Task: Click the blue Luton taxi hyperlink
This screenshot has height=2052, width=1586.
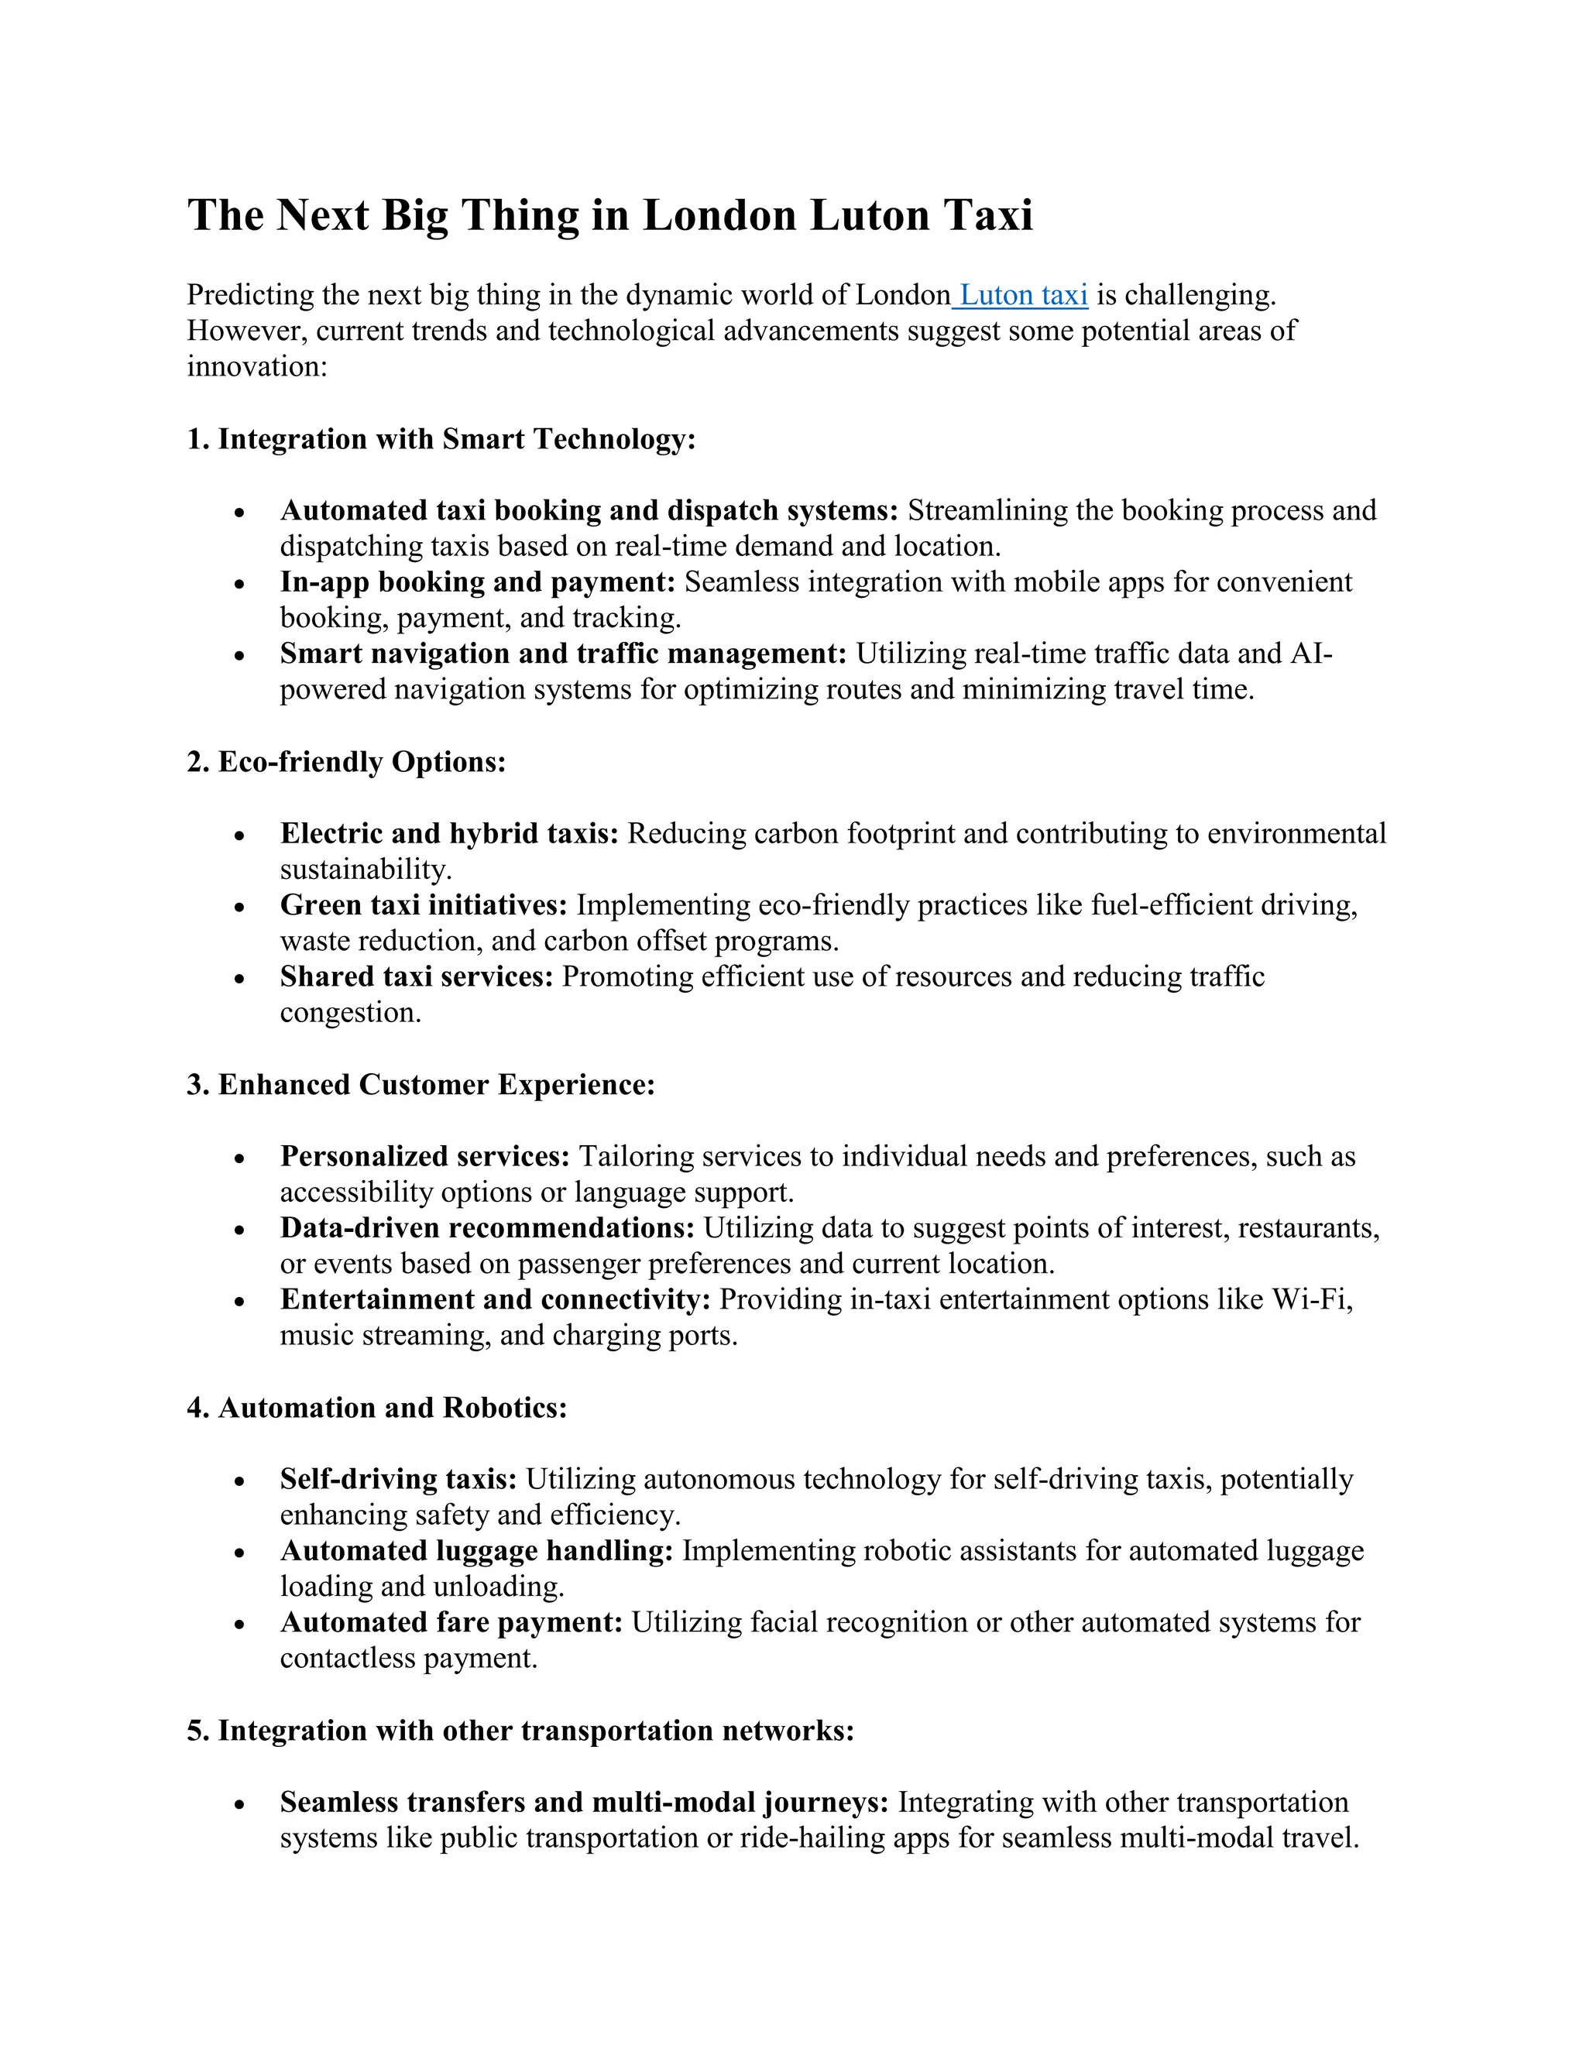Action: [x=1022, y=295]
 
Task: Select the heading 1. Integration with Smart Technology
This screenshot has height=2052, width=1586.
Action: [x=441, y=439]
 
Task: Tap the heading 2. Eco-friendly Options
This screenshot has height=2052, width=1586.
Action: [x=345, y=761]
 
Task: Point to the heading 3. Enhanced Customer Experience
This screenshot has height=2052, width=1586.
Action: [x=420, y=1084]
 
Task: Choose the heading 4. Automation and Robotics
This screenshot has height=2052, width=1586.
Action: [x=377, y=1408]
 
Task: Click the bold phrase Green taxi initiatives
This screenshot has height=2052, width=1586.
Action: [x=423, y=904]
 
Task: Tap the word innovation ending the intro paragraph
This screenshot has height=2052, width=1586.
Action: [x=256, y=366]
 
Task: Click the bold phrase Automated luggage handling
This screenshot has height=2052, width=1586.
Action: [x=476, y=1550]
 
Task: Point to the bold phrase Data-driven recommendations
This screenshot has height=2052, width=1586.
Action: [x=486, y=1228]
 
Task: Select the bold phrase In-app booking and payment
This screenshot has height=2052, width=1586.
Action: [x=477, y=582]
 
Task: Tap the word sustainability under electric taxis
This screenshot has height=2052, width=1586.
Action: [x=366, y=869]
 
